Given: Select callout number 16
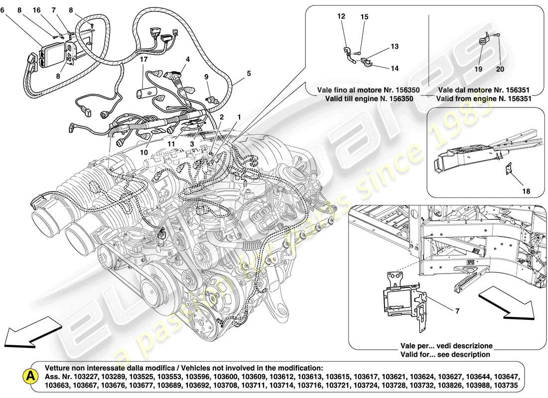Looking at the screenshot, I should [37, 9].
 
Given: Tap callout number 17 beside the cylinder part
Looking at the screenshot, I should [143, 59].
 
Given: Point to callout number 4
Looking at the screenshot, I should [188, 59].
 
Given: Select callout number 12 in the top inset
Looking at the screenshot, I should [341, 16].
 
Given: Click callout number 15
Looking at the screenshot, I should [364, 17].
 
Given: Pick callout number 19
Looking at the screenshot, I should [478, 70].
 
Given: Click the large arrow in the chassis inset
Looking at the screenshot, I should [506, 303].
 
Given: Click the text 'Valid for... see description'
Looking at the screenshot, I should [445, 355].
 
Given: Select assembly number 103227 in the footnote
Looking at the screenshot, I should [99, 376].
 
